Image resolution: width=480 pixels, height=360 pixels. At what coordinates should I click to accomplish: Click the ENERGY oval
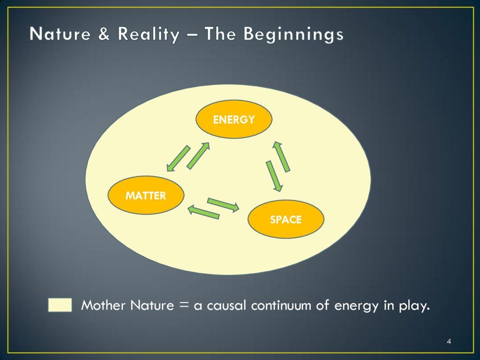233,119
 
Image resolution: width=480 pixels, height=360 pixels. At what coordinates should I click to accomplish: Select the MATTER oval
145,195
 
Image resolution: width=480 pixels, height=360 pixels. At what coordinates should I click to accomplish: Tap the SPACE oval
285,219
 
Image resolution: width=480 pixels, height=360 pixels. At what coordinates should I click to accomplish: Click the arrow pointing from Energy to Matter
178,158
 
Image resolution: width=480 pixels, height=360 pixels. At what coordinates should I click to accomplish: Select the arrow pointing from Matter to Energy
198,155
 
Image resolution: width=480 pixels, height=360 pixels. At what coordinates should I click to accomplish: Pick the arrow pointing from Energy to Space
274,176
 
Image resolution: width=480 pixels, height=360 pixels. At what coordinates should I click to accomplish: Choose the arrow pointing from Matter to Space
223,205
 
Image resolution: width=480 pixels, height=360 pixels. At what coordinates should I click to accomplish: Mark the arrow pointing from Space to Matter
203,212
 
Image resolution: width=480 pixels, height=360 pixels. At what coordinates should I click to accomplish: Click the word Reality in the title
148,34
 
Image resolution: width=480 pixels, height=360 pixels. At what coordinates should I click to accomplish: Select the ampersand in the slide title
105,34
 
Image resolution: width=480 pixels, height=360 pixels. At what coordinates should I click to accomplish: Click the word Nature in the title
60,34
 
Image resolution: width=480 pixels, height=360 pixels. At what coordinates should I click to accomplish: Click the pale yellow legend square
60,305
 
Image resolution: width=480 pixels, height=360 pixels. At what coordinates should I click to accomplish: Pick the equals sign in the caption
183,306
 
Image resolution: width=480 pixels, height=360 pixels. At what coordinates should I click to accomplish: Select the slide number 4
449,341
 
